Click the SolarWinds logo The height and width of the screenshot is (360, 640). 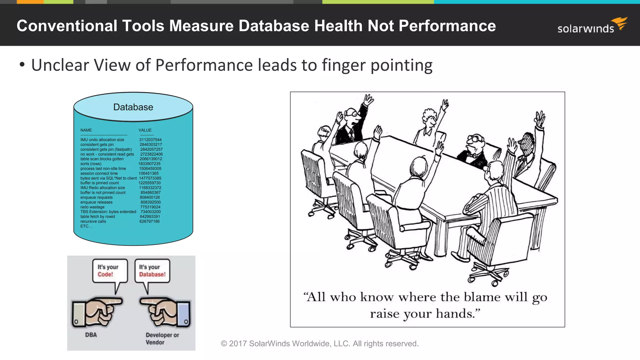[x=592, y=26]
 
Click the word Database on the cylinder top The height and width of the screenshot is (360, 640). [x=133, y=107]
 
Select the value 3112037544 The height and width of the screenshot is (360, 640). [x=150, y=140]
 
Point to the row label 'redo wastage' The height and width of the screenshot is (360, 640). [x=92, y=207]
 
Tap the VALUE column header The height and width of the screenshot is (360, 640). [x=145, y=130]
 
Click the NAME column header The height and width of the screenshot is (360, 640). [x=86, y=130]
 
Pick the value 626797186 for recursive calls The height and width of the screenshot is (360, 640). [x=149, y=221]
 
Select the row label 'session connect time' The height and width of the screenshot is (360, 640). [x=99, y=173]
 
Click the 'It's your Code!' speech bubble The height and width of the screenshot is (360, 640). [x=109, y=271]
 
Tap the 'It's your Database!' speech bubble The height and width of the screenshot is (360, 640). [x=152, y=271]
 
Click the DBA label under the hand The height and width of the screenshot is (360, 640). [x=91, y=335]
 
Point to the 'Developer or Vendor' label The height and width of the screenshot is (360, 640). [x=162, y=338]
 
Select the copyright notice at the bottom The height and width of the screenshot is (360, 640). [x=320, y=343]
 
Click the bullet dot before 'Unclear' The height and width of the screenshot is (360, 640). [x=22, y=65]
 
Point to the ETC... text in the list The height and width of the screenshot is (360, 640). [x=86, y=226]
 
